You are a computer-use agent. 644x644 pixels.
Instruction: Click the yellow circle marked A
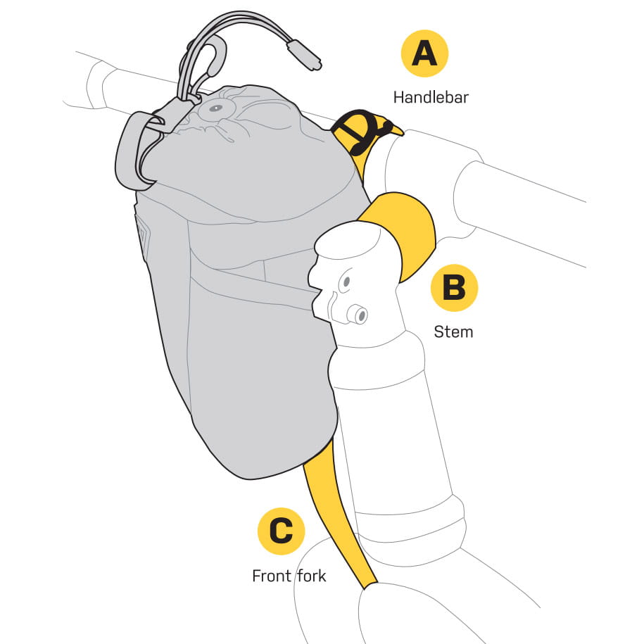coord(424,53)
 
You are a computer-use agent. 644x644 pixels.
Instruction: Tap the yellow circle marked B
coord(454,288)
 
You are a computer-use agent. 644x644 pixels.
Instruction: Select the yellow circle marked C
coord(282,531)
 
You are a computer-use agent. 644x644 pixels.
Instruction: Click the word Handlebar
coord(431,96)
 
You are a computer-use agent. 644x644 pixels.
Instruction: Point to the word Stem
coord(454,331)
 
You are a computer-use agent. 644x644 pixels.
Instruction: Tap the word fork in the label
coord(310,576)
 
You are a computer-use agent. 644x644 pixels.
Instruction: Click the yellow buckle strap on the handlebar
coord(360,130)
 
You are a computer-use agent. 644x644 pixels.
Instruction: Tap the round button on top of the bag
coord(213,109)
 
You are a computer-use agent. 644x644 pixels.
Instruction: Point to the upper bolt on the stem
coord(346,283)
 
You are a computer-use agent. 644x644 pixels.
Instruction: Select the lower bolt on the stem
coord(359,315)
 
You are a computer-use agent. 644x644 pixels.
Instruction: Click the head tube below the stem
coord(394,436)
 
